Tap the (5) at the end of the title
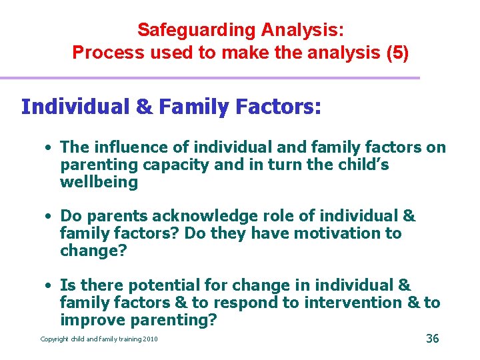397,53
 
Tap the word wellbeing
99,182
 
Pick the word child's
361,165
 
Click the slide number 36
432,339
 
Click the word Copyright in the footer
55,339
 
